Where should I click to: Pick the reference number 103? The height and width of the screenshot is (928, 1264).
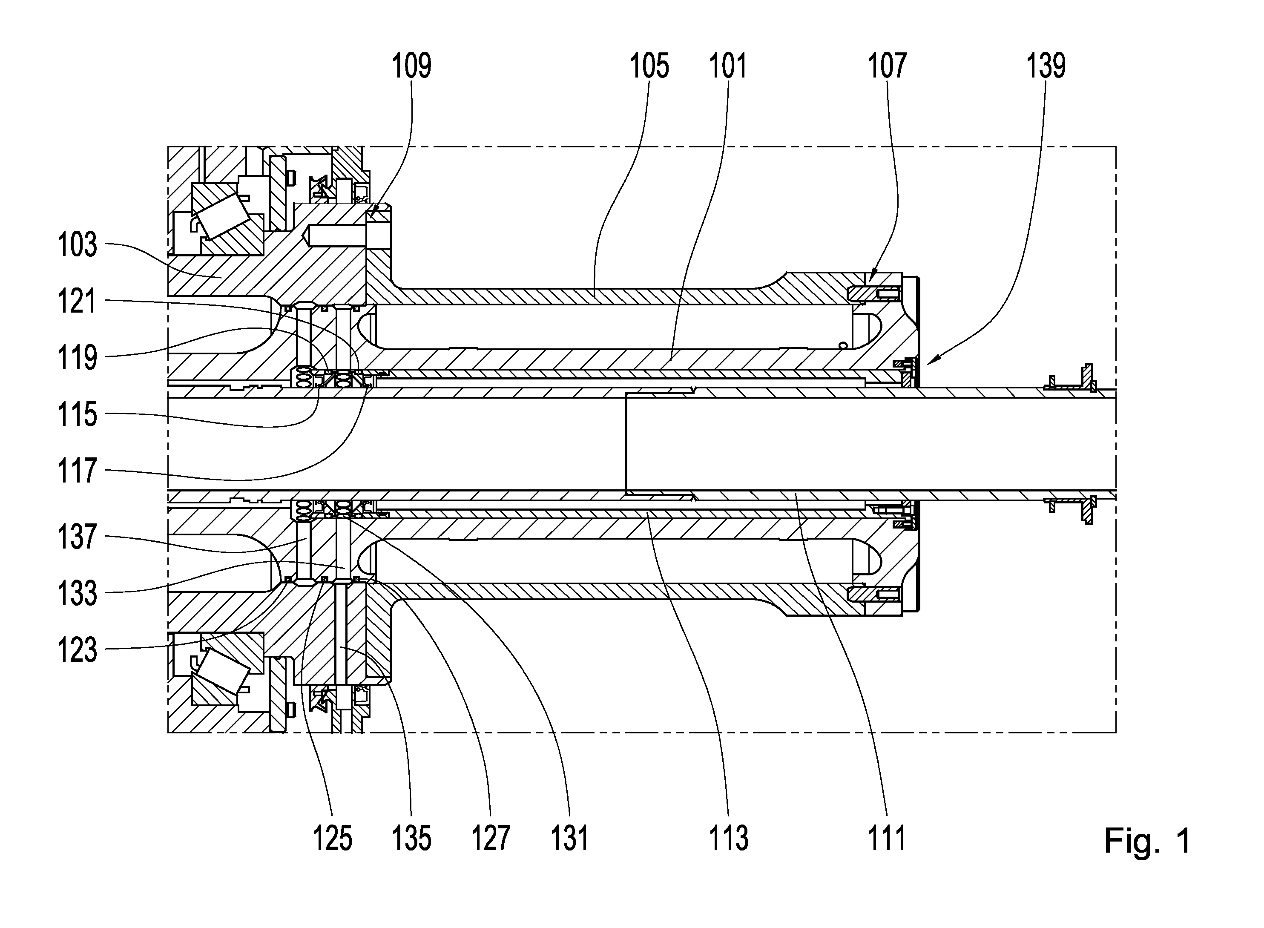78,245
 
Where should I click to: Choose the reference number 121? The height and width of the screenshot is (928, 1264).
78,301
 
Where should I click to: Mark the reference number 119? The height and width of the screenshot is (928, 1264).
78,357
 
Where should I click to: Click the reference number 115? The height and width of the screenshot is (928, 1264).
78,414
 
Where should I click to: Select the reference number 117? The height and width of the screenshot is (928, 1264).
78,470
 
